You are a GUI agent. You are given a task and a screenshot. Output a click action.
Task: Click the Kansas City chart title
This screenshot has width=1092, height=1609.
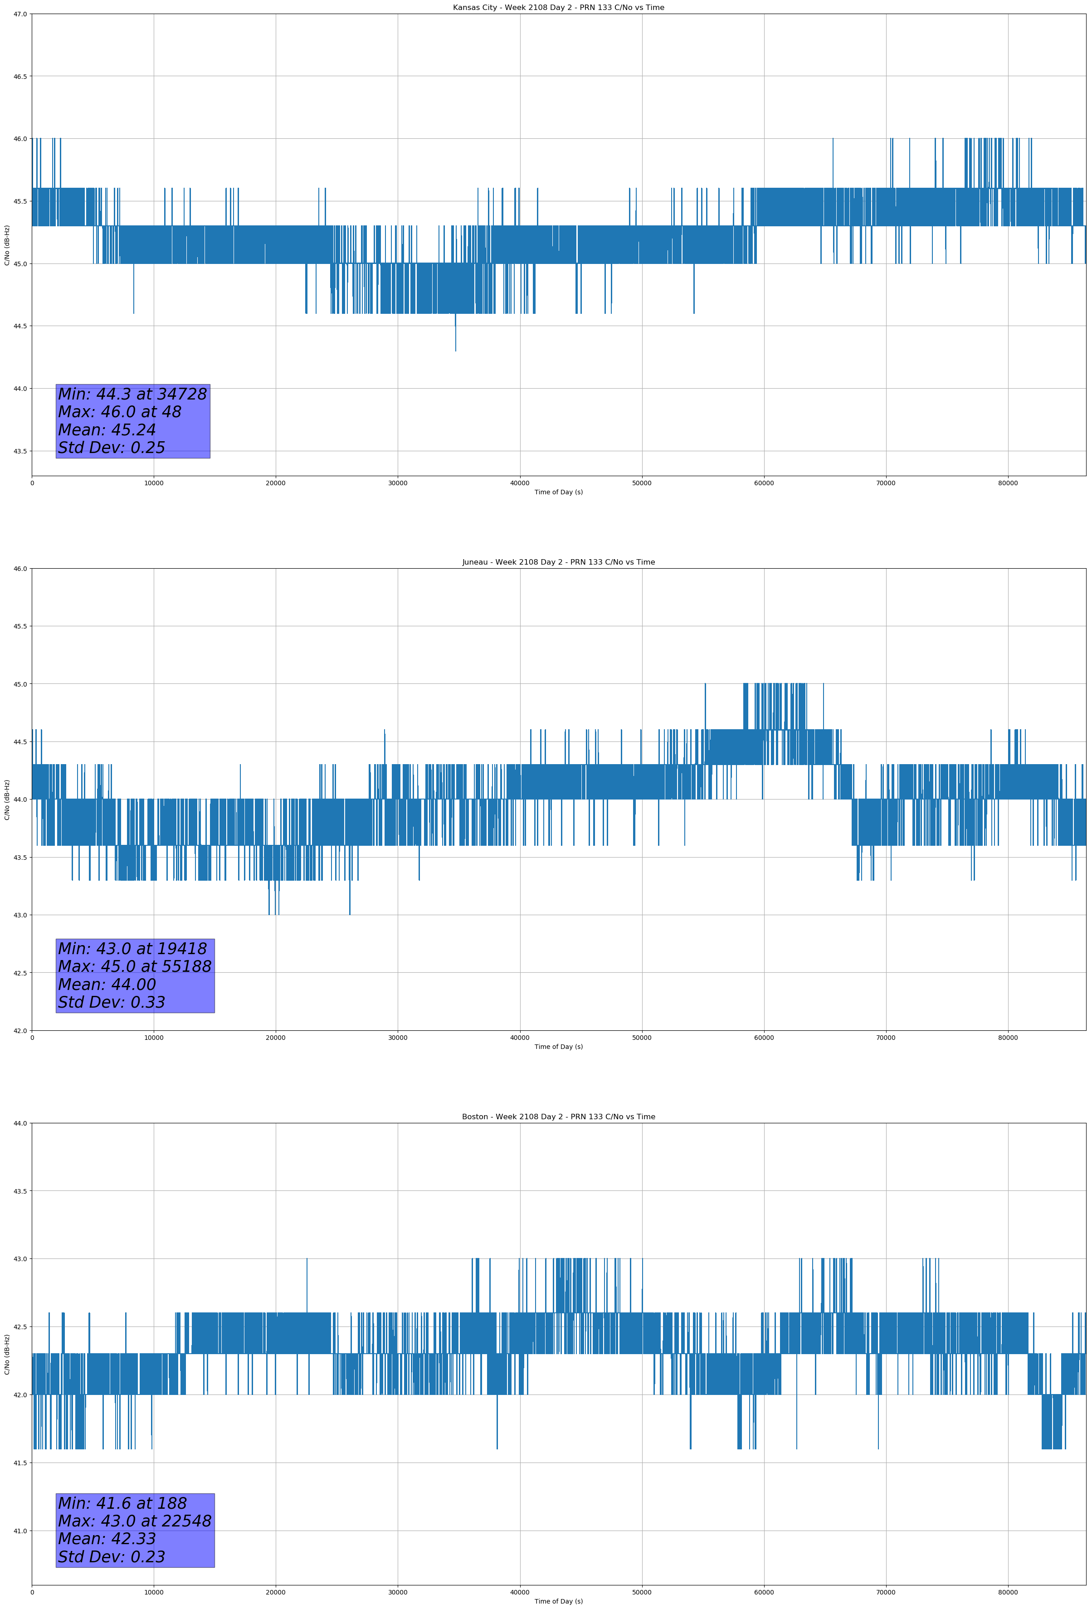(558, 8)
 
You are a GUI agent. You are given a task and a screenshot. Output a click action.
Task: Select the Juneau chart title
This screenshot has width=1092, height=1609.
(558, 562)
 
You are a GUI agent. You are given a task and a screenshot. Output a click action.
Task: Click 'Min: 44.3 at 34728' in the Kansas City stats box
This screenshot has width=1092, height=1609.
(132, 394)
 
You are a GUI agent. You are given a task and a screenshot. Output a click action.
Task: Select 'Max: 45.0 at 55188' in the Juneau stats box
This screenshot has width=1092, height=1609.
(134, 966)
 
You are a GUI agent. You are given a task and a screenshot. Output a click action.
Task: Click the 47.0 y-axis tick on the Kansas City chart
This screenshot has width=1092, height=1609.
(20, 14)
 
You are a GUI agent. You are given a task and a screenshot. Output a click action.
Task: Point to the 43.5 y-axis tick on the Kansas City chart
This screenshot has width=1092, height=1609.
(20, 451)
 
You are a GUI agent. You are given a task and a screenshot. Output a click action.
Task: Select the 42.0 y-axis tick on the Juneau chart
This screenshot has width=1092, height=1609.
(20, 1031)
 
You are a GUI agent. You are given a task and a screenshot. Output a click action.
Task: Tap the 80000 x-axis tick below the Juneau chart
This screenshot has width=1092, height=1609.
(1008, 1038)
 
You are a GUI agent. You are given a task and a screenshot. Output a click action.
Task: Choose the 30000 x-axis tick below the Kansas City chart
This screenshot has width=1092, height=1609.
(397, 483)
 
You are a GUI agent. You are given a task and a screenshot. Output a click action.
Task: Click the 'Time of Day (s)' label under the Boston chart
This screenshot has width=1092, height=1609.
(558, 1601)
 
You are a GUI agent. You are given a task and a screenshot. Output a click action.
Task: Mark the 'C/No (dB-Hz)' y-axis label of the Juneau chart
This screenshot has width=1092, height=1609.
(7, 800)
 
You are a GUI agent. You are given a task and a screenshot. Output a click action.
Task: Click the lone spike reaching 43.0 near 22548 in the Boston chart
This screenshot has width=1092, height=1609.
(307, 1262)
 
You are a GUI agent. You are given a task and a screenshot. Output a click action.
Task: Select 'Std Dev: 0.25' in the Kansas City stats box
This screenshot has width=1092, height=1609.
(112, 448)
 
